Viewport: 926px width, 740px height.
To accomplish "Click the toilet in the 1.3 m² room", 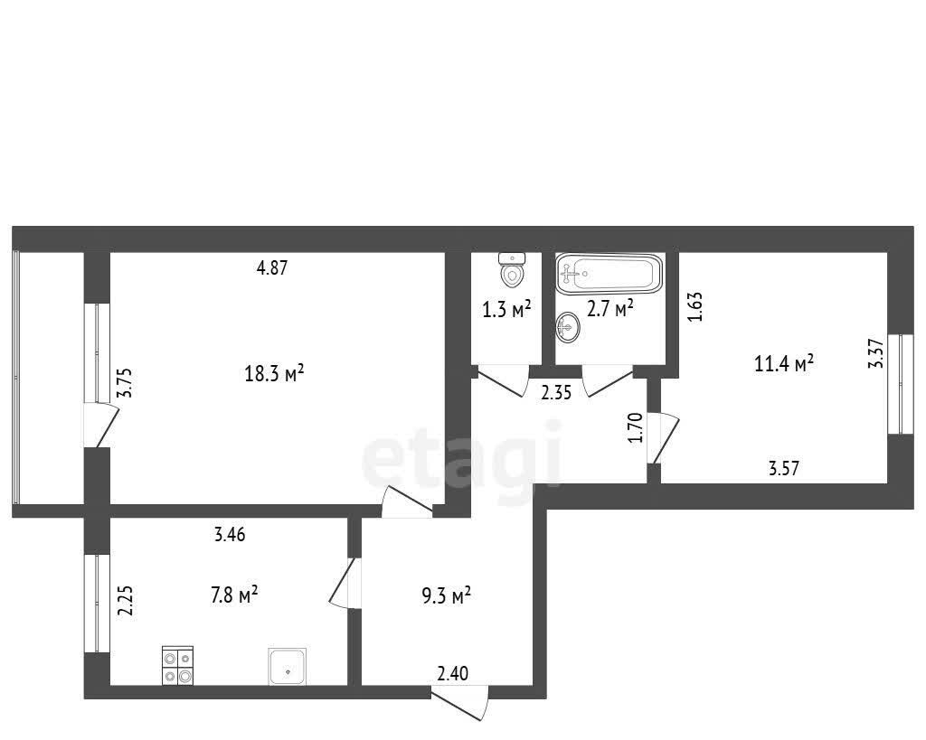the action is [512, 269].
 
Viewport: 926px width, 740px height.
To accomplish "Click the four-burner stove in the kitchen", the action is [178, 666].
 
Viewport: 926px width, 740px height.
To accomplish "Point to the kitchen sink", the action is [288, 667].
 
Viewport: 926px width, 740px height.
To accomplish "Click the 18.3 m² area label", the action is [275, 373].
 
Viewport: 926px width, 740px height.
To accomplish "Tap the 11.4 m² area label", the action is [784, 363].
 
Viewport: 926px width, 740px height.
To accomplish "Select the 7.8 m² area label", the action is [234, 595].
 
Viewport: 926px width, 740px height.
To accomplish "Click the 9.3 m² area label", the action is [446, 595].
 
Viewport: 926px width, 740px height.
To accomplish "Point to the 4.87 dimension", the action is [271, 268].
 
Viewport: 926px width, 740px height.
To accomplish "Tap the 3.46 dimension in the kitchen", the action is [229, 535].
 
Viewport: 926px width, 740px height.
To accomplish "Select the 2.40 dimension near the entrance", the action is [453, 673].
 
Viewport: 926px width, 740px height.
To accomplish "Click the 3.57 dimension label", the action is [784, 469].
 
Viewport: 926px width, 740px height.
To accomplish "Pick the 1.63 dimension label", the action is [695, 306].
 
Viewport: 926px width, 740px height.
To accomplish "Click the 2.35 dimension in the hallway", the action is [556, 392].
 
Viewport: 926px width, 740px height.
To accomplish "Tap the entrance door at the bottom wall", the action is [460, 703].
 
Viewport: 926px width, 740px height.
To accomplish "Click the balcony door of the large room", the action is [101, 425].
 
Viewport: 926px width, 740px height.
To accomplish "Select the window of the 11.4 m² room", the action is [901, 384].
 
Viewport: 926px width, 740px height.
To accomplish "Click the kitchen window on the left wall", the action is [98, 603].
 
